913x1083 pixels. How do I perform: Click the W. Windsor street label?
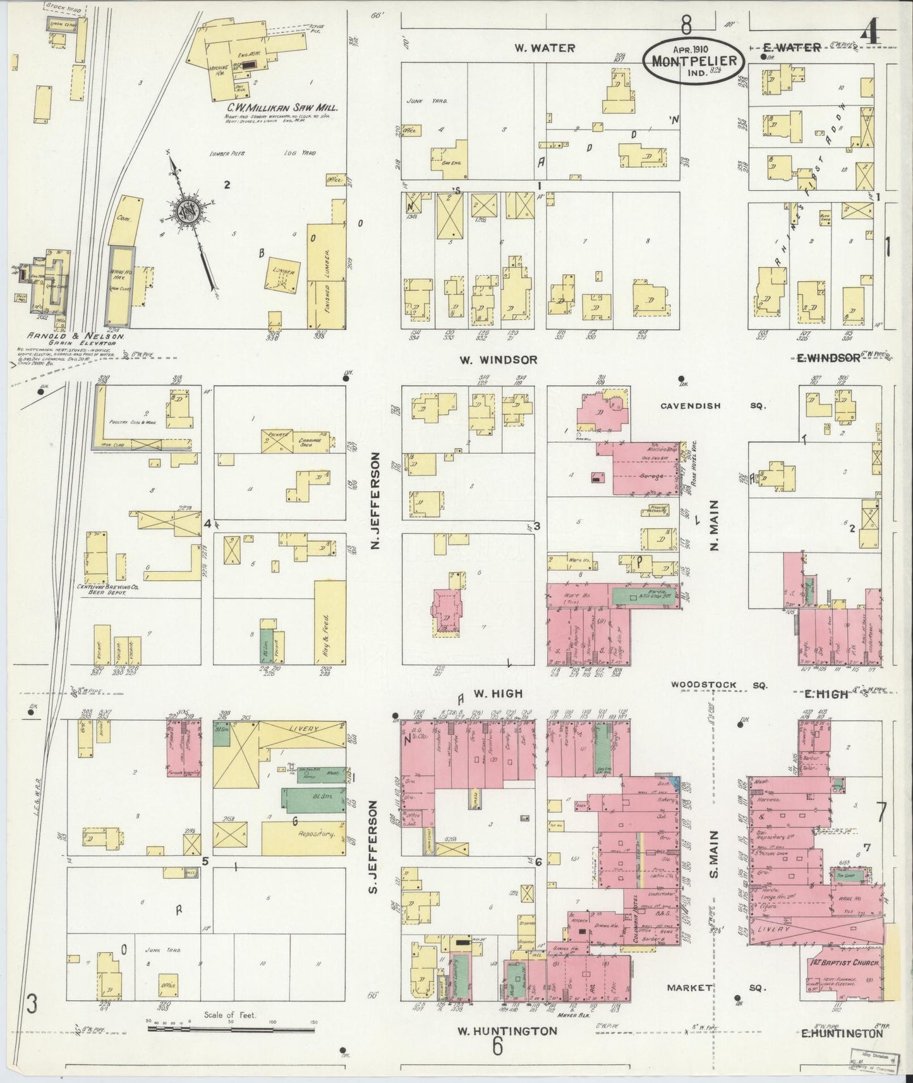pyautogui.click(x=499, y=360)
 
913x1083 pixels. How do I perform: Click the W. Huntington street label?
pyautogui.click(x=507, y=1031)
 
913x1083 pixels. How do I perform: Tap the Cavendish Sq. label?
pyautogui.click(x=713, y=406)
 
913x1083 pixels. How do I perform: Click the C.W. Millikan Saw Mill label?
pyautogui.click(x=282, y=108)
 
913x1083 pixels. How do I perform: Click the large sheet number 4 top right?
pyautogui.click(x=871, y=33)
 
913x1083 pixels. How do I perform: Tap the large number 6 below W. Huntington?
pyautogui.click(x=498, y=1047)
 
